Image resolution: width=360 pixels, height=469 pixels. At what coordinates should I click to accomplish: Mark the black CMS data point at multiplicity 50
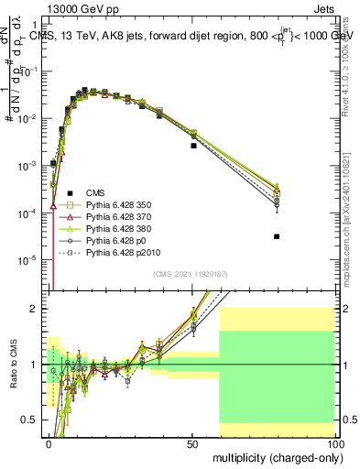click(x=193, y=146)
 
